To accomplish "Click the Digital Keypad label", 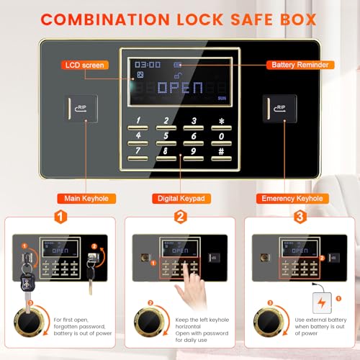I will (180, 198).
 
